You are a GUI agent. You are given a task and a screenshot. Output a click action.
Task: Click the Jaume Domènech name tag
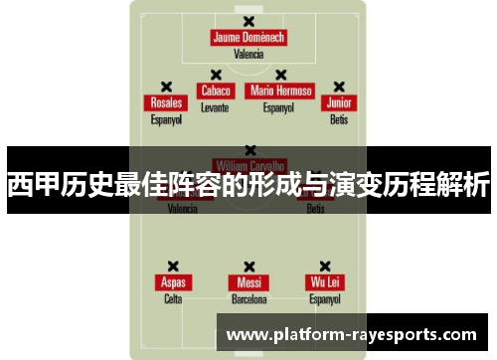pyautogui.click(x=248, y=39)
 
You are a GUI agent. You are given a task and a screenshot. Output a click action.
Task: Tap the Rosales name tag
pyautogui.click(x=166, y=103)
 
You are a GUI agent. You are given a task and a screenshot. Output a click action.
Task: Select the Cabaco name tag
pyautogui.click(x=215, y=90)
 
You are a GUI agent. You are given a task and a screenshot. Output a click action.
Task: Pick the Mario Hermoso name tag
pyautogui.click(x=281, y=90)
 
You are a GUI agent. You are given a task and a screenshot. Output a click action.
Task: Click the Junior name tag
pyautogui.click(x=339, y=103)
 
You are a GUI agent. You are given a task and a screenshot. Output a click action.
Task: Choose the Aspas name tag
pyautogui.click(x=173, y=282)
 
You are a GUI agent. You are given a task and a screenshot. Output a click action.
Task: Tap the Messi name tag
pyautogui.click(x=248, y=282)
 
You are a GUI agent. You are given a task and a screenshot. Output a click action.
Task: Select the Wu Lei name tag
pyautogui.click(x=325, y=282)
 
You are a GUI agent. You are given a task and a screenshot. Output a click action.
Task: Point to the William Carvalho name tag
pyautogui.click(x=248, y=165)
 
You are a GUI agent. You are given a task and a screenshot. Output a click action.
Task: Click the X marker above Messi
pyautogui.click(x=248, y=267)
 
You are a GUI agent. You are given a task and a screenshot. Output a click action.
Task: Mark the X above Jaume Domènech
pyautogui.click(x=248, y=22)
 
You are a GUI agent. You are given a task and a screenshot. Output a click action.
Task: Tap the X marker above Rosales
pyautogui.click(x=166, y=87)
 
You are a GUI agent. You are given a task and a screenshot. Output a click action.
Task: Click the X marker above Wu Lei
pyautogui.click(x=325, y=267)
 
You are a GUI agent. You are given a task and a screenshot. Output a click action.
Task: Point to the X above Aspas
pyautogui.click(x=173, y=267)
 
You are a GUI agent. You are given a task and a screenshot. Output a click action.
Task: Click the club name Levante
pyautogui.click(x=215, y=106)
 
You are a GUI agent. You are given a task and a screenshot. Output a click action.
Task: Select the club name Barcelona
pyautogui.click(x=248, y=298)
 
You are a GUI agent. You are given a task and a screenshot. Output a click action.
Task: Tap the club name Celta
pyautogui.click(x=173, y=298)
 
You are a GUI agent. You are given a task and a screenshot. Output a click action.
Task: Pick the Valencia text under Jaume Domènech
pyautogui.click(x=248, y=55)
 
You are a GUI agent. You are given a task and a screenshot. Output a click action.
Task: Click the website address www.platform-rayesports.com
pyautogui.click(x=353, y=334)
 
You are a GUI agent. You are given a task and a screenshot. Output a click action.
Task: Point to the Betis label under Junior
pyautogui.click(x=339, y=119)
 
